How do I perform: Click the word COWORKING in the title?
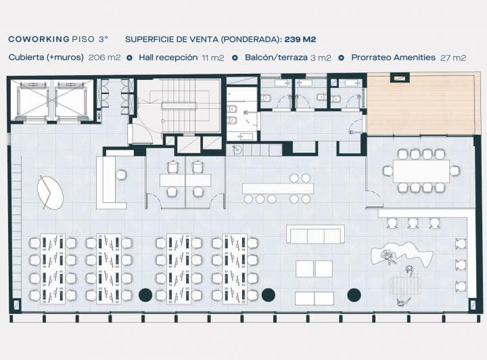pyautogui.click(x=39, y=39)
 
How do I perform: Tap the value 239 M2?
pyautogui.click(x=300, y=39)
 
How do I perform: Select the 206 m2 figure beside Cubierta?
pyautogui.click(x=104, y=58)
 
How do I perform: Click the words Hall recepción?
pyautogui.click(x=168, y=58)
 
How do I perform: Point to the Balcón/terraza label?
pyautogui.click(x=276, y=58)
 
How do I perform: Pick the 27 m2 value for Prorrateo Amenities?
pyautogui.click(x=453, y=58)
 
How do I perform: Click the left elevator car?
pyautogui.click(x=33, y=100)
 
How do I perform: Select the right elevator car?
pyautogui.click(x=70, y=100)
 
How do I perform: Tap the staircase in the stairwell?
pyautogui.click(x=179, y=106)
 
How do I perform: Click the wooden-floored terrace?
pyautogui.click(x=421, y=104)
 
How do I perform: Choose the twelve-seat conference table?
pyautogui.click(x=421, y=171)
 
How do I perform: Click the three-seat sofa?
pyautogui.click(x=315, y=234)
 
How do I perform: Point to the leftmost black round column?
pyautogui.click(x=145, y=295)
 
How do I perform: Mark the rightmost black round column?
pyautogui.click(x=354, y=295)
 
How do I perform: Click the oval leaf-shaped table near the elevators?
pyautogui.click(x=50, y=193)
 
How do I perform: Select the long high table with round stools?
pyautogui.click(x=278, y=189)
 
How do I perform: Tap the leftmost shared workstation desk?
pyautogui.click(x=53, y=269)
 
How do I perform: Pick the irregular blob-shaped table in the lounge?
pyautogui.click(x=402, y=255)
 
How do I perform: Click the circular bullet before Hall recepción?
pyautogui.click(x=129, y=58)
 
